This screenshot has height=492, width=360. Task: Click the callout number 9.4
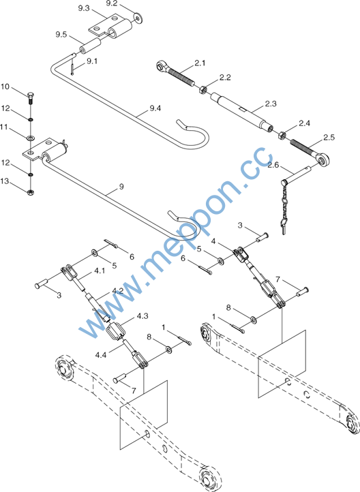click(155, 108)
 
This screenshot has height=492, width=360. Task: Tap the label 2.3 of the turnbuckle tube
click(271, 104)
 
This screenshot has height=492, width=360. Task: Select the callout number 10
click(5, 87)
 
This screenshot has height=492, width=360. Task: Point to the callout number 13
click(5, 181)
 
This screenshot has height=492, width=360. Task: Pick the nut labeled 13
click(31, 192)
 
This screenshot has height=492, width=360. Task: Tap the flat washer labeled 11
click(31, 138)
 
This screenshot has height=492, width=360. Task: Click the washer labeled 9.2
click(137, 17)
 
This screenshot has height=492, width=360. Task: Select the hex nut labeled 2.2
click(203, 90)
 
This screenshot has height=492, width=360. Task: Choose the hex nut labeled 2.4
click(282, 135)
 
